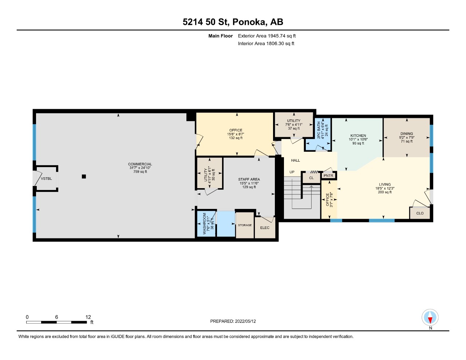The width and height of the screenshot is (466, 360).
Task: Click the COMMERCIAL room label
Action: (x=140, y=164)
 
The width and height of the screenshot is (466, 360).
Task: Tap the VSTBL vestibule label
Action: (x=46, y=178)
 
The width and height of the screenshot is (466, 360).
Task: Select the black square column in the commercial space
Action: (x=84, y=177)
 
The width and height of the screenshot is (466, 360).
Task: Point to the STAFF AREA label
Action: (x=249, y=179)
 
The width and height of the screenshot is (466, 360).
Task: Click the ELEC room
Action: (x=265, y=228)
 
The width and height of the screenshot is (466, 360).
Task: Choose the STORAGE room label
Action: (x=245, y=225)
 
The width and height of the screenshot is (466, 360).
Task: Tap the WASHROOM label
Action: (x=204, y=223)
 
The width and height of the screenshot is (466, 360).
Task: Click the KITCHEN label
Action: (x=358, y=135)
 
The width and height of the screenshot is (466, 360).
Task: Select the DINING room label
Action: (x=407, y=134)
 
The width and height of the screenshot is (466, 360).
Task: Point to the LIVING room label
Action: (x=385, y=184)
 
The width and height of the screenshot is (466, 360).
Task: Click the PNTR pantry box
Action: (x=328, y=176)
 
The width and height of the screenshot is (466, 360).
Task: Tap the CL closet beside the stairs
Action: (x=311, y=178)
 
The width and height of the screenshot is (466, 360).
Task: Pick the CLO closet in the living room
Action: (x=420, y=213)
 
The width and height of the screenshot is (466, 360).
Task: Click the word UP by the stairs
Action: (x=292, y=172)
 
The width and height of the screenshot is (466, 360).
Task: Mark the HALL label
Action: (x=296, y=160)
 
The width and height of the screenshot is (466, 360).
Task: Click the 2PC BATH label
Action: (x=319, y=130)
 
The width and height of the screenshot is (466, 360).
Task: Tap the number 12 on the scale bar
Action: (x=88, y=317)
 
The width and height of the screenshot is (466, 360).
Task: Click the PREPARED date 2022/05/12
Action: (x=245, y=321)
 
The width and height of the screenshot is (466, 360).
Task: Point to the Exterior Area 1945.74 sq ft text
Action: (x=267, y=36)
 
